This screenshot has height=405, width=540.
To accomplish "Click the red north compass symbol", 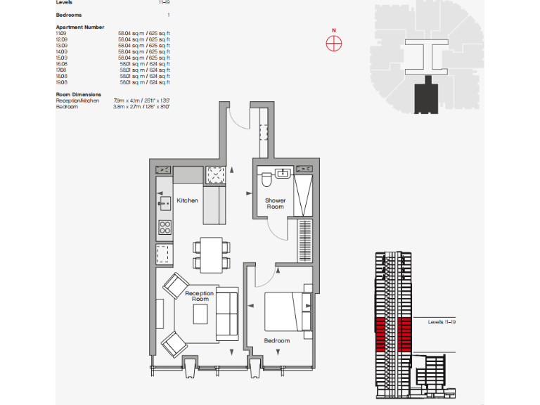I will coord(334,42).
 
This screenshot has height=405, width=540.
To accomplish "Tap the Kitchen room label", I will coord(187,200).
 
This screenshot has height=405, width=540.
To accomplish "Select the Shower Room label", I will coord(275,203).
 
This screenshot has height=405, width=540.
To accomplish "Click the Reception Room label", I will coord(199,296).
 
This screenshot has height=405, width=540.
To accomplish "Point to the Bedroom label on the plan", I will coord(277,340).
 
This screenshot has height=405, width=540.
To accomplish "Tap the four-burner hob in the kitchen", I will coord(165,227).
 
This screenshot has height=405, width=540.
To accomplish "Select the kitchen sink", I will coord(165,205).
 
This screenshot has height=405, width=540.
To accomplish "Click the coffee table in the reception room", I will coord(201,313).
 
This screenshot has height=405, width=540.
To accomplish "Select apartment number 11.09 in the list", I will coord(61,34).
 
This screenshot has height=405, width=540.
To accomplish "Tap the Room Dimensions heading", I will coord(78,94).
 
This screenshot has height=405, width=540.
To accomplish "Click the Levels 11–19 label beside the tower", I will coord(443,322).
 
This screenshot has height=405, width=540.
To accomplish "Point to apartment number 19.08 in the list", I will coord(61,82).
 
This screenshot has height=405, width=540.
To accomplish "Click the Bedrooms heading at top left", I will coord(68,14).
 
